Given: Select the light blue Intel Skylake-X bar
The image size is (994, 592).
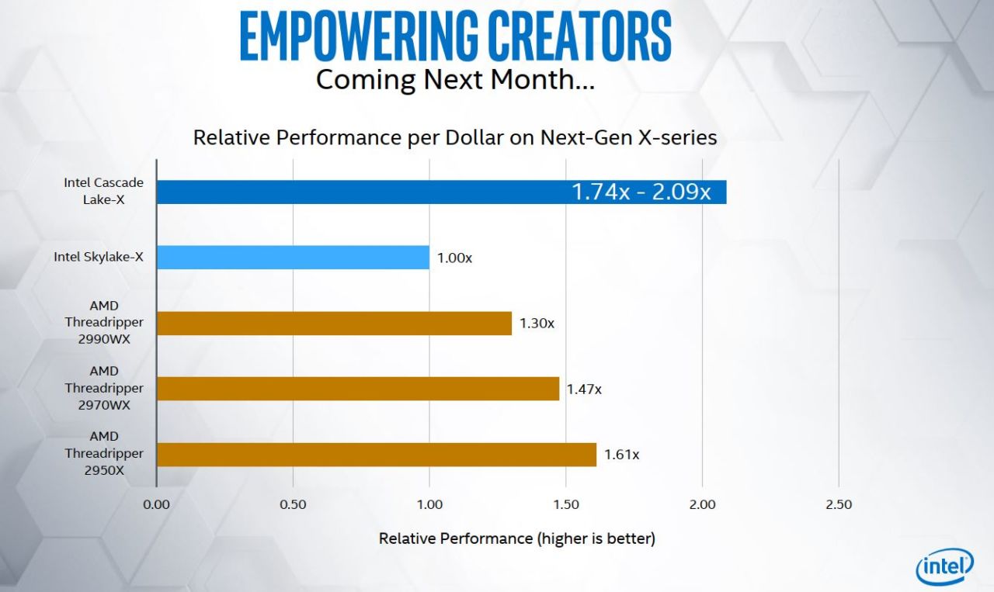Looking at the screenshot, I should pyautogui.click(x=293, y=258).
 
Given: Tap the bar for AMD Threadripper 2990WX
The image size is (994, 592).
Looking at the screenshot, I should pyautogui.click(x=334, y=324).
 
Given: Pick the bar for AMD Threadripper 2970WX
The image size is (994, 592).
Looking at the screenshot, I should pyautogui.click(x=357, y=389).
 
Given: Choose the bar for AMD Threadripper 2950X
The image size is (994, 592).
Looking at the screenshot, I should pyautogui.click(x=376, y=455).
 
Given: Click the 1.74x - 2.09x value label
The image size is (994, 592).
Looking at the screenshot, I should pyautogui.click(x=641, y=192).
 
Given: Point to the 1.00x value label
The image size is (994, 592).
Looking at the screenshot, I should pyautogui.click(x=454, y=258).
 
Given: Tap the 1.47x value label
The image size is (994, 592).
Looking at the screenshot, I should pyautogui.click(x=583, y=389).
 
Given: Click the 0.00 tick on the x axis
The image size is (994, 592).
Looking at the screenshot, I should pyautogui.click(x=156, y=504).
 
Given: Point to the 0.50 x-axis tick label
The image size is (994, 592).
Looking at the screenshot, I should pyautogui.click(x=293, y=504).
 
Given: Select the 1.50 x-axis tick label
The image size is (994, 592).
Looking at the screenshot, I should pyautogui.click(x=566, y=504).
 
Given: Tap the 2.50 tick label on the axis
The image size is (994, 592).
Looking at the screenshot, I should pyautogui.click(x=839, y=504).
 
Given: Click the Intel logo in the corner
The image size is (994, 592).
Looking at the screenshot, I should pyautogui.click(x=944, y=568).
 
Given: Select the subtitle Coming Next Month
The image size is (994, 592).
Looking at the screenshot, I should pyautogui.click(x=455, y=79).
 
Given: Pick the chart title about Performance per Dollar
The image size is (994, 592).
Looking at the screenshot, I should pyautogui.click(x=454, y=137).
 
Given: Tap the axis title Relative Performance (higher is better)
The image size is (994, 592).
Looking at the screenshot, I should pyautogui.click(x=516, y=538).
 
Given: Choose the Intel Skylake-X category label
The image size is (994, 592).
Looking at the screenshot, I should pyautogui.click(x=99, y=257).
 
